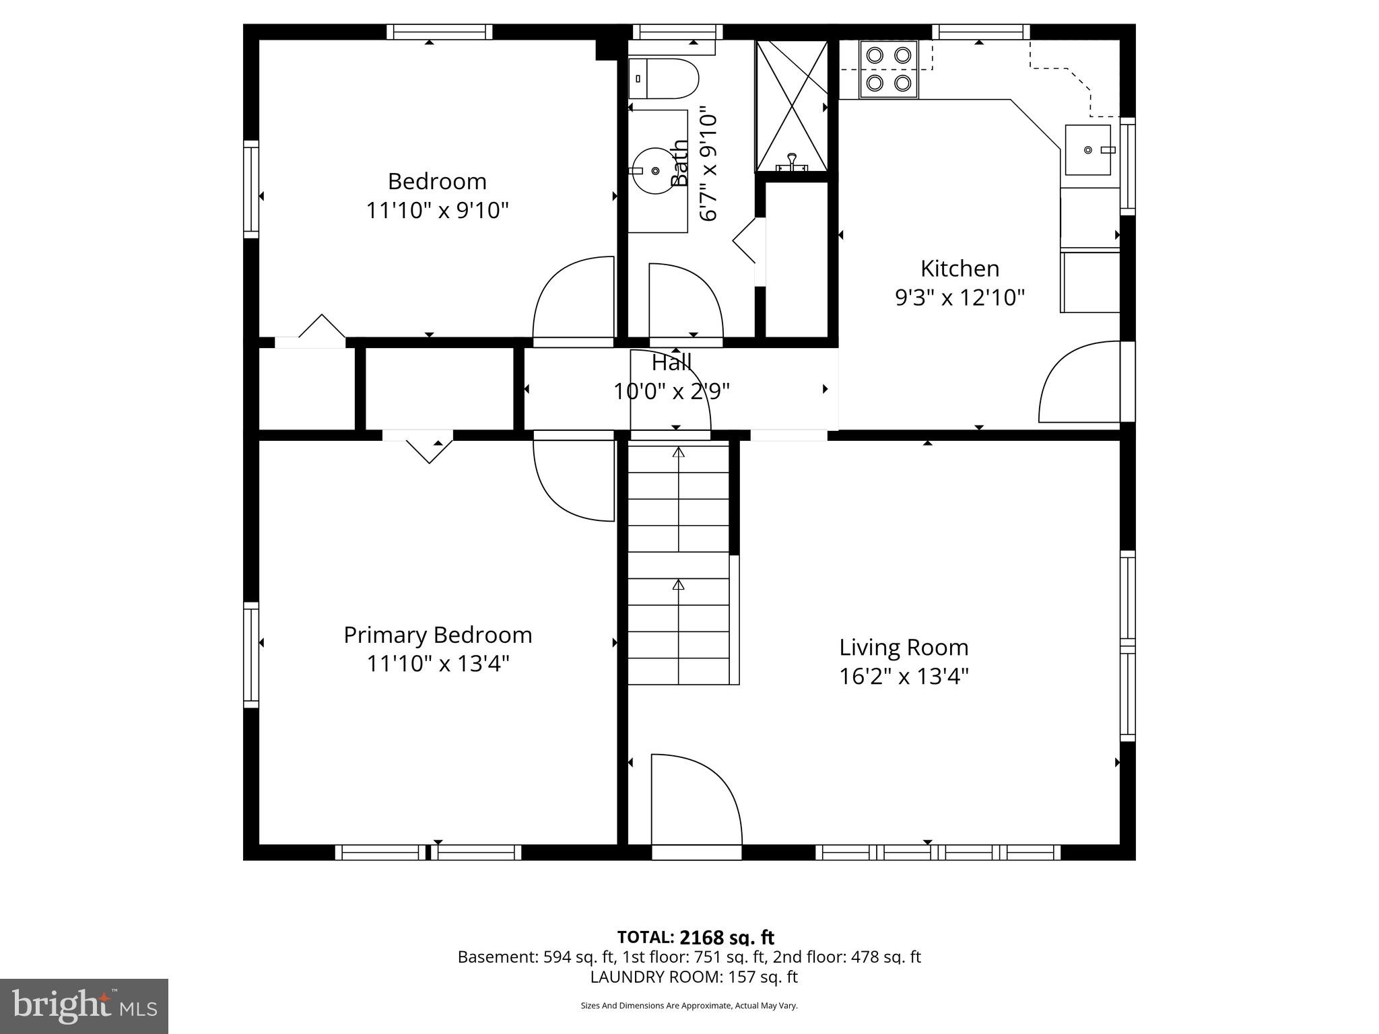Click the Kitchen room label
pyautogui.click(x=960, y=269)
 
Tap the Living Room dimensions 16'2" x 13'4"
pyautogui.click(x=904, y=676)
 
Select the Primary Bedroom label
pyautogui.click(x=438, y=635)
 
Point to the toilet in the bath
pyautogui.click(x=663, y=79)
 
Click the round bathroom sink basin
pyautogui.click(x=654, y=171)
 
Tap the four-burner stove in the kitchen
pyautogui.click(x=888, y=69)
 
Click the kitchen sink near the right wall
pyautogui.click(x=1087, y=149)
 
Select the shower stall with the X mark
pyautogui.click(x=792, y=106)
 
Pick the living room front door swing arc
pyautogui.click(x=697, y=798)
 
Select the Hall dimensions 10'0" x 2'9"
pyautogui.click(x=671, y=391)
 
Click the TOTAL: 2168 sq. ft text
pyautogui.click(x=696, y=937)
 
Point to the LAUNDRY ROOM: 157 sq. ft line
pyautogui.click(x=694, y=977)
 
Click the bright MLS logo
pyautogui.click(x=84, y=1006)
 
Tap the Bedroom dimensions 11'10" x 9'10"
pyautogui.click(x=437, y=211)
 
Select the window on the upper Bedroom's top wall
pyautogui.click(x=439, y=32)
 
